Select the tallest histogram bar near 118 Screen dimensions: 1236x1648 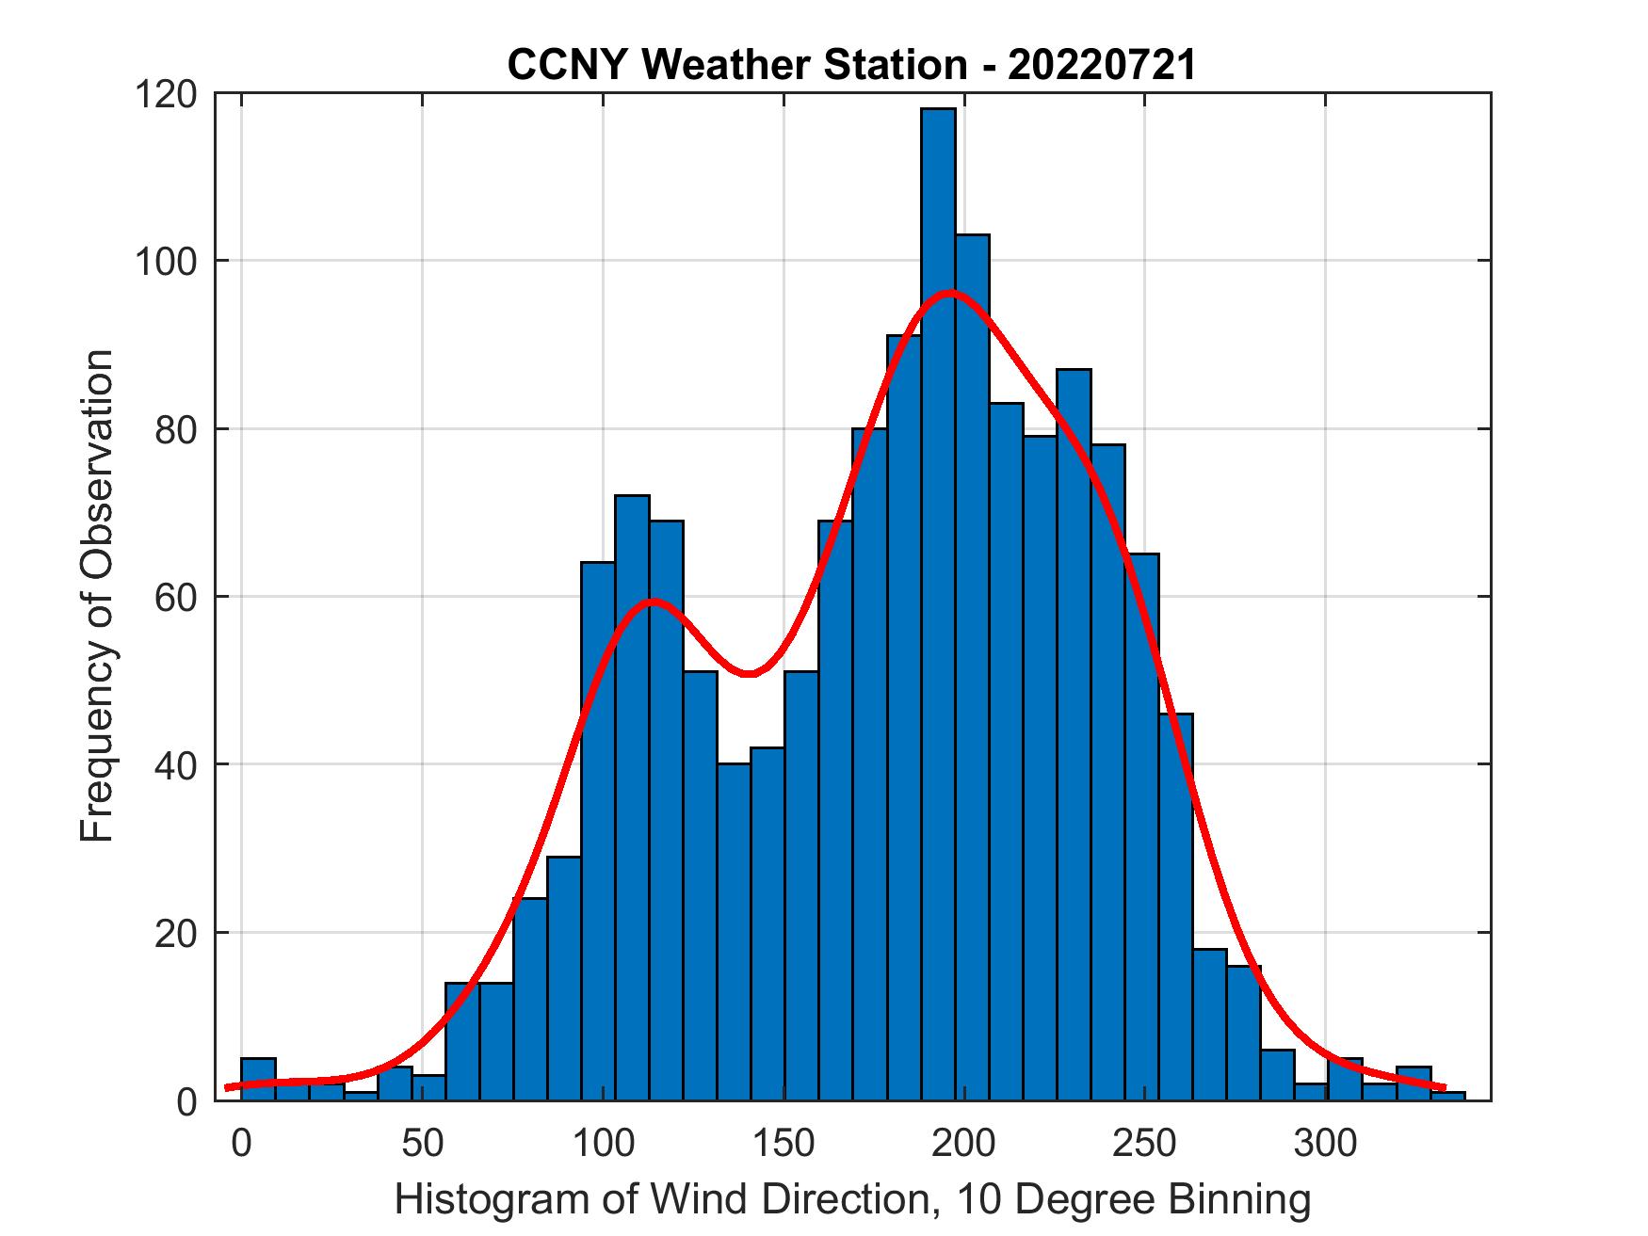(938, 602)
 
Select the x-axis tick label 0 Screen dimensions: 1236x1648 (242, 1143)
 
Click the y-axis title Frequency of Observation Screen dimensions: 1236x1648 (97, 596)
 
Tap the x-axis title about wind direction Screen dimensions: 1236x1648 (852, 1200)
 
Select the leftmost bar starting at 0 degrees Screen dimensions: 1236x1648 (258, 1079)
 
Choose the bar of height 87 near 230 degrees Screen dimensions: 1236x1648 (1074, 734)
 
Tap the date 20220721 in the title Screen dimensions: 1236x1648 (1102, 66)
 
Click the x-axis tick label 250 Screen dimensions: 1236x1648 (1145, 1143)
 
